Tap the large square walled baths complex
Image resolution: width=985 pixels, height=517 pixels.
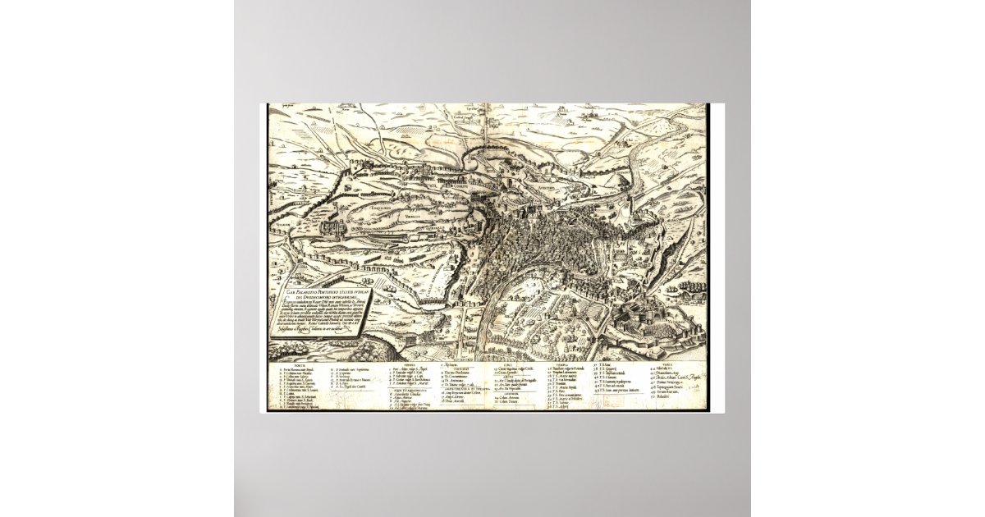pos(334,227)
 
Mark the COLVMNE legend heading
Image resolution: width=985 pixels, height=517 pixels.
pos(504,393)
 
